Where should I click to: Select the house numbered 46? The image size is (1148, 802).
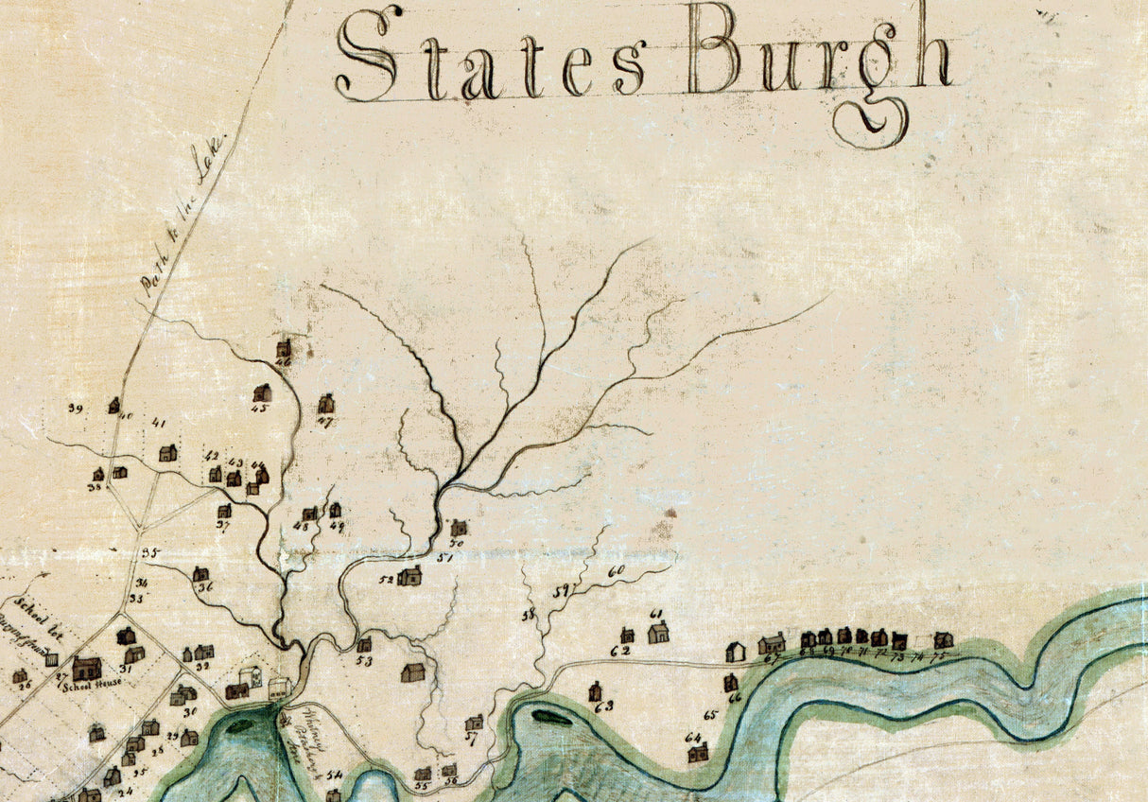click(283, 349)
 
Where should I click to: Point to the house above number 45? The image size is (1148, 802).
click(262, 392)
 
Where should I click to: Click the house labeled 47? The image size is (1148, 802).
click(326, 404)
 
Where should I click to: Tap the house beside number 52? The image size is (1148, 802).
click(409, 575)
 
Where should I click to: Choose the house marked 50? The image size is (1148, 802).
click(459, 528)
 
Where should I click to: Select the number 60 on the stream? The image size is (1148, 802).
click(617, 571)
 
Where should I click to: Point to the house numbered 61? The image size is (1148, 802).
click(658, 632)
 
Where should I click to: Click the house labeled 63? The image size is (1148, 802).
click(596, 691)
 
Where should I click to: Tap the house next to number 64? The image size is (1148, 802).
click(698, 752)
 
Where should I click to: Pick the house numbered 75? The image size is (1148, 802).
click(943, 640)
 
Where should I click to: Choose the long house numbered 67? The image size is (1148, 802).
click(772, 643)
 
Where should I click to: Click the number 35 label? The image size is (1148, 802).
click(149, 553)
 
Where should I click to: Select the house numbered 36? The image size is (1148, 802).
click(200, 574)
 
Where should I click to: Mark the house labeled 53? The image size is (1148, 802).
click(364, 645)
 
